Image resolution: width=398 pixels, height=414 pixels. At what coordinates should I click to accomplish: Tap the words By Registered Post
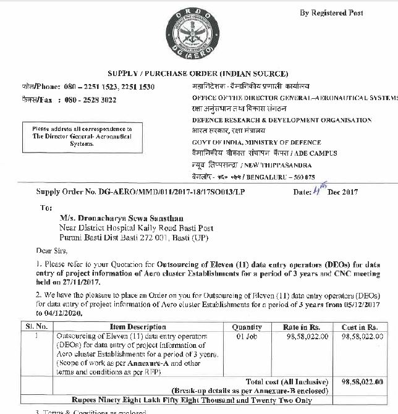coord(331,12)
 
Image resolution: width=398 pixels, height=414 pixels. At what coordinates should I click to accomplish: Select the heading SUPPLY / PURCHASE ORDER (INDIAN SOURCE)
coord(198,74)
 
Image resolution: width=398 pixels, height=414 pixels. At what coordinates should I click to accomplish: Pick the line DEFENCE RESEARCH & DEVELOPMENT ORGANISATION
coord(282,120)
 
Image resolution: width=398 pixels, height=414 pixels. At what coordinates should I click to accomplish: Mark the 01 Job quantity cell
coord(247,336)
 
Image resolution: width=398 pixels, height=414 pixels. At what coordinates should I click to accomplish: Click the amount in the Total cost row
coord(362,382)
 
